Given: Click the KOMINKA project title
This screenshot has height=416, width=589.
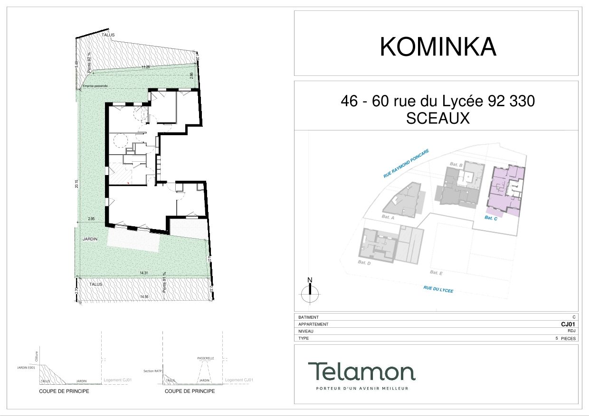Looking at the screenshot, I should point(438,47).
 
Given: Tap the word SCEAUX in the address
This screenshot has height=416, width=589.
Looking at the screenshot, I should point(437,119).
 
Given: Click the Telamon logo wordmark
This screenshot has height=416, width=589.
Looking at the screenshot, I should point(361,371).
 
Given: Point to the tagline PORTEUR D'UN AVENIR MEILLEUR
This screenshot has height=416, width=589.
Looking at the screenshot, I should point(362,388).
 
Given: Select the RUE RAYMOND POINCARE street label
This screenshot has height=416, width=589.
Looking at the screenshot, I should point(406,164).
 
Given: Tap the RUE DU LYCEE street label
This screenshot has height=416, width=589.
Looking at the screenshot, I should point(438,289).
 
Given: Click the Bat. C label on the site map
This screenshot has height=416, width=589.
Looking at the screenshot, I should point(491,218).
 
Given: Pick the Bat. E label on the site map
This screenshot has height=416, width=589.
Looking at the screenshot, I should point(436,272).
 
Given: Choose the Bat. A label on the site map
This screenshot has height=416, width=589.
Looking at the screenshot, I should point(388,217).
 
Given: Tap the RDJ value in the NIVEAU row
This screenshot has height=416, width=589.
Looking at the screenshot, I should point(571,331).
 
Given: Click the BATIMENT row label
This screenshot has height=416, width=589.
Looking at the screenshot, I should point(308,317).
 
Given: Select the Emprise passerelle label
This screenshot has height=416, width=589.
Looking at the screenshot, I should point(95,86).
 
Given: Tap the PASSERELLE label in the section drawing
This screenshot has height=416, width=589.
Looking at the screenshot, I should point(206,358).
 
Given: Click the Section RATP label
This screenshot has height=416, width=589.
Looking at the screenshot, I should point(152,370).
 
